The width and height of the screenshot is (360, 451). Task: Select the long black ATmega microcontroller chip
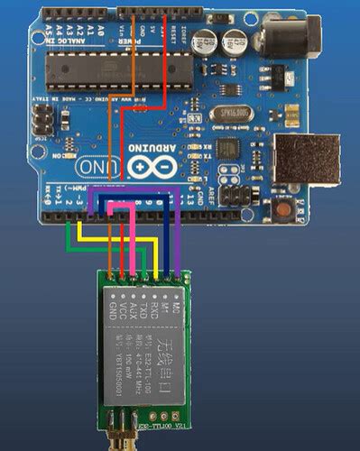pos(107,68)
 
